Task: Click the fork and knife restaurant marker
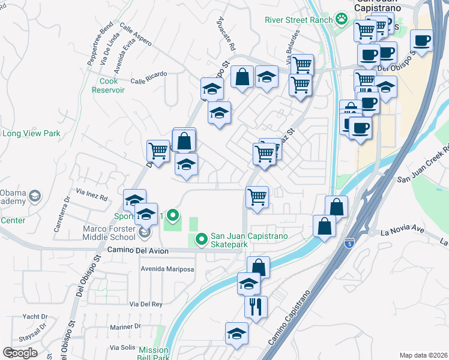tap(256, 307)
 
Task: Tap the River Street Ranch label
tap(298, 20)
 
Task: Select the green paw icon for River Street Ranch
tap(342, 19)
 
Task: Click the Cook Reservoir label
tap(108, 85)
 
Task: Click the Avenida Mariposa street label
tap(167, 269)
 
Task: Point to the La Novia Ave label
tap(392, 232)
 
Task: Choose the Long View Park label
tap(31, 133)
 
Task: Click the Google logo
tap(20, 353)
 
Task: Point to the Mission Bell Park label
tap(154, 353)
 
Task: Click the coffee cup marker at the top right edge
tap(422, 41)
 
